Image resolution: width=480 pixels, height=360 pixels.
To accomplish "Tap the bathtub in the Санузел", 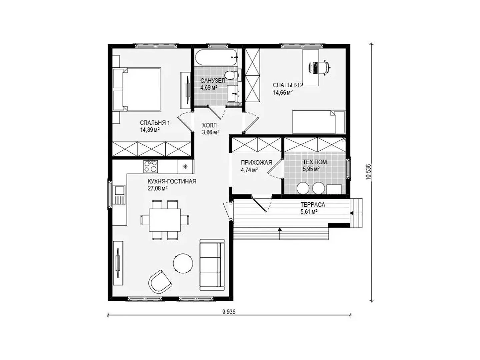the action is click(x=216, y=57).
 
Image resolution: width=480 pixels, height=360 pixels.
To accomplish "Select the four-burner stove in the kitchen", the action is click(x=150, y=166).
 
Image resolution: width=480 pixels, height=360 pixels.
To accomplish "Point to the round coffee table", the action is click(x=183, y=263).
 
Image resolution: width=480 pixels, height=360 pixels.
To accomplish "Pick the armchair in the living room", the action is click(x=160, y=282).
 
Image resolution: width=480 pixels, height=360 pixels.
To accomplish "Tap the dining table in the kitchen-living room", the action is click(x=165, y=220).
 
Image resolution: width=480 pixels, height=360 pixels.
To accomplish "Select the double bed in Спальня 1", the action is click(x=137, y=89).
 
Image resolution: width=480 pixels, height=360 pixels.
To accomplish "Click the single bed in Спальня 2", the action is click(x=319, y=122).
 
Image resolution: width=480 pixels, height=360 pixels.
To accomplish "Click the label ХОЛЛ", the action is click(x=209, y=125).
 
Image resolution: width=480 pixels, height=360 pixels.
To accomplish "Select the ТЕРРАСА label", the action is click(x=313, y=205).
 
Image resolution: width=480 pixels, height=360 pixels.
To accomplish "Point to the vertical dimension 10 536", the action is click(x=369, y=172).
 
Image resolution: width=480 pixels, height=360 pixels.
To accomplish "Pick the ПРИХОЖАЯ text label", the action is click(x=256, y=162).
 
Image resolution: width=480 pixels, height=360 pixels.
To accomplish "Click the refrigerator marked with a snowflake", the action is click(x=185, y=167).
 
